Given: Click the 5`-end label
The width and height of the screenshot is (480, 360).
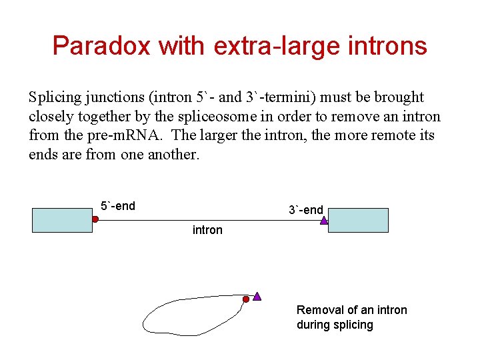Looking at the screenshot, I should tap(117, 206).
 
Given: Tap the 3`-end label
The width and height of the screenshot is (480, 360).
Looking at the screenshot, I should tap(305, 210).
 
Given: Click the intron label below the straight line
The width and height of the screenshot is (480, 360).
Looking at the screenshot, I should tap(207, 230).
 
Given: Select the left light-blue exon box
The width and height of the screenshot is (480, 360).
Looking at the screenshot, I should tap(63, 219).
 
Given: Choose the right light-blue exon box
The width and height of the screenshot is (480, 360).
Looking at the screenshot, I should tap(358, 219).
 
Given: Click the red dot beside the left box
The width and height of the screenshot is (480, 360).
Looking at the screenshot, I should tap(95, 219).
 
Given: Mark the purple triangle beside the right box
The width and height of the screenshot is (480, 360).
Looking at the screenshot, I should tap(324, 219).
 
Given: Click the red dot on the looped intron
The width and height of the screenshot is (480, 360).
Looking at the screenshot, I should tap(245, 300).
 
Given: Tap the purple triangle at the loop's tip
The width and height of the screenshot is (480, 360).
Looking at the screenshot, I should tap(257, 296).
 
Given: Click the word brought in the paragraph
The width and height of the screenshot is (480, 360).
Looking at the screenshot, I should tap(398, 97).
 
